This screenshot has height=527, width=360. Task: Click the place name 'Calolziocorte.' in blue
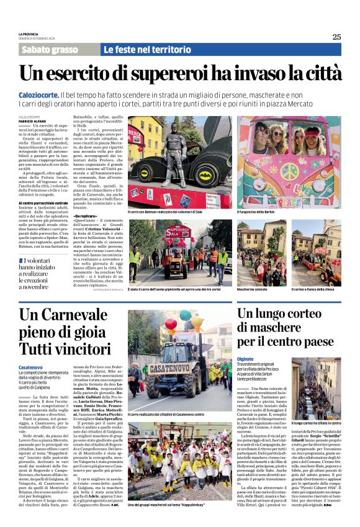38,93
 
